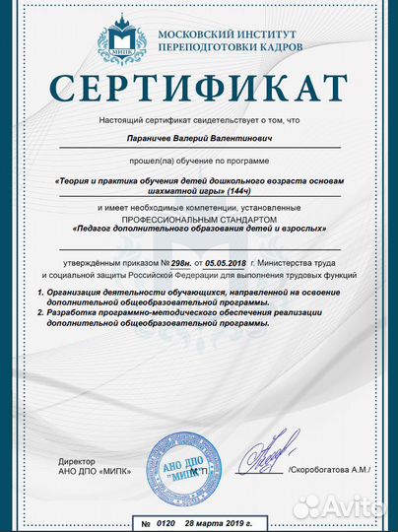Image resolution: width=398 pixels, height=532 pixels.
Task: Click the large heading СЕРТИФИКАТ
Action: (x=199, y=90)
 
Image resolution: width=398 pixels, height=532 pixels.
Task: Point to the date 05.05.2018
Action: (x=225, y=265)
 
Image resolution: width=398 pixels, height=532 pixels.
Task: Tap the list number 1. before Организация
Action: (x=34, y=295)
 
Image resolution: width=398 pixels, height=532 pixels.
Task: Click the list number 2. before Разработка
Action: (x=34, y=313)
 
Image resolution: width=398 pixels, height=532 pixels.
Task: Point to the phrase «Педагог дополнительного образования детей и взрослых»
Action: (x=199, y=229)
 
